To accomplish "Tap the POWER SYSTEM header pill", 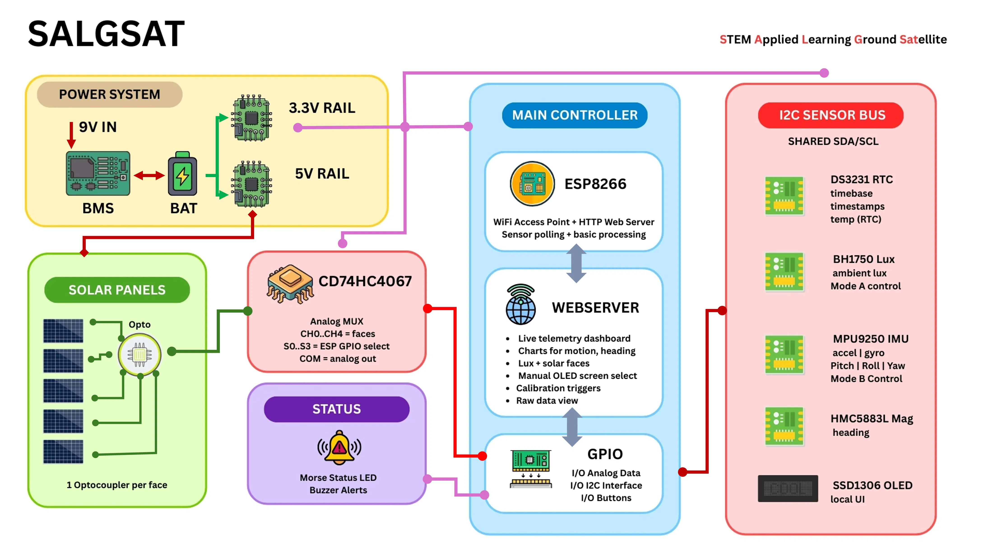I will click(109, 94).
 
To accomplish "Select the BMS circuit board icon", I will click(98, 173).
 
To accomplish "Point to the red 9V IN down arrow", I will click(71, 135).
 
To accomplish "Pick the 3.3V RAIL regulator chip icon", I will click(251, 118).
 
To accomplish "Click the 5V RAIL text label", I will click(322, 174).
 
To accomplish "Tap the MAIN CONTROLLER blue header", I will click(574, 115).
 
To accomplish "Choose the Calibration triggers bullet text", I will click(558, 388).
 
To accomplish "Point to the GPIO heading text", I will click(605, 454).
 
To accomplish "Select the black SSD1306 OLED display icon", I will click(788, 488).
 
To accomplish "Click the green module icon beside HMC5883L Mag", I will click(784, 426).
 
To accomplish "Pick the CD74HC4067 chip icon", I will click(290, 283).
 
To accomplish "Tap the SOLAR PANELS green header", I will click(117, 290).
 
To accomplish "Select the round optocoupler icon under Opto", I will click(139, 354).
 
